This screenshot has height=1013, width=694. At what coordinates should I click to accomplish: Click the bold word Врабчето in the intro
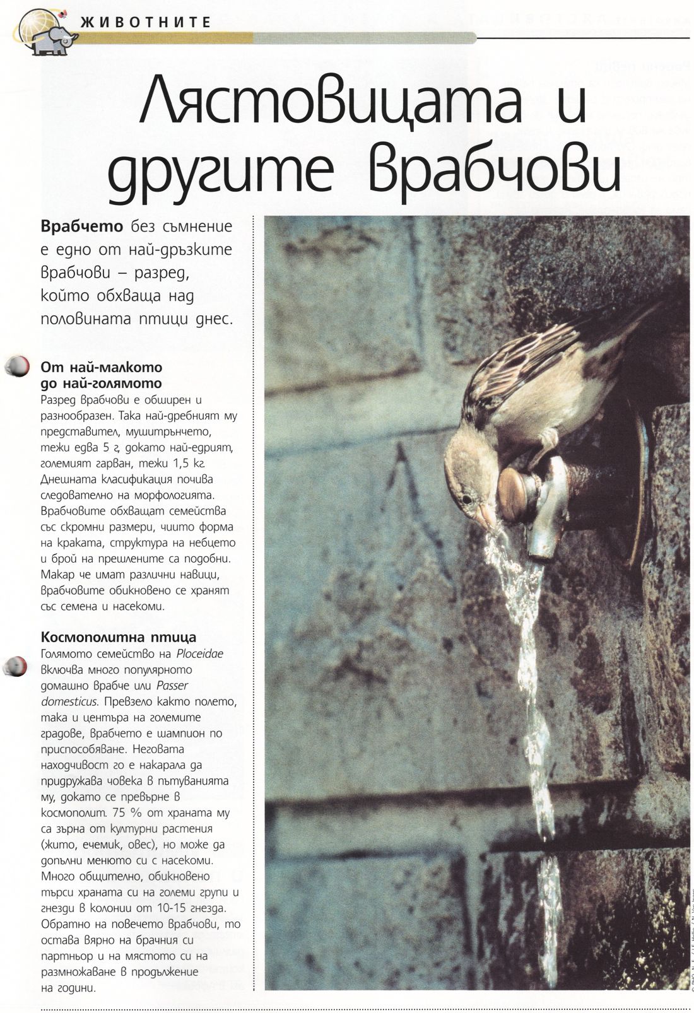(x=81, y=226)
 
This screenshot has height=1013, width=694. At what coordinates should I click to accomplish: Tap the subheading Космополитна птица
(x=118, y=637)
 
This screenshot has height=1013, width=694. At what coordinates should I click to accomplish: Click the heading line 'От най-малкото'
(x=101, y=367)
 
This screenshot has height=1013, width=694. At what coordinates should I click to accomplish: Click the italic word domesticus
(x=69, y=701)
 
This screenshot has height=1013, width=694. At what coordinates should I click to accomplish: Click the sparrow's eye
(x=468, y=499)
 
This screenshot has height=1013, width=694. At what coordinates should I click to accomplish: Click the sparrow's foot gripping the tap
(x=549, y=442)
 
